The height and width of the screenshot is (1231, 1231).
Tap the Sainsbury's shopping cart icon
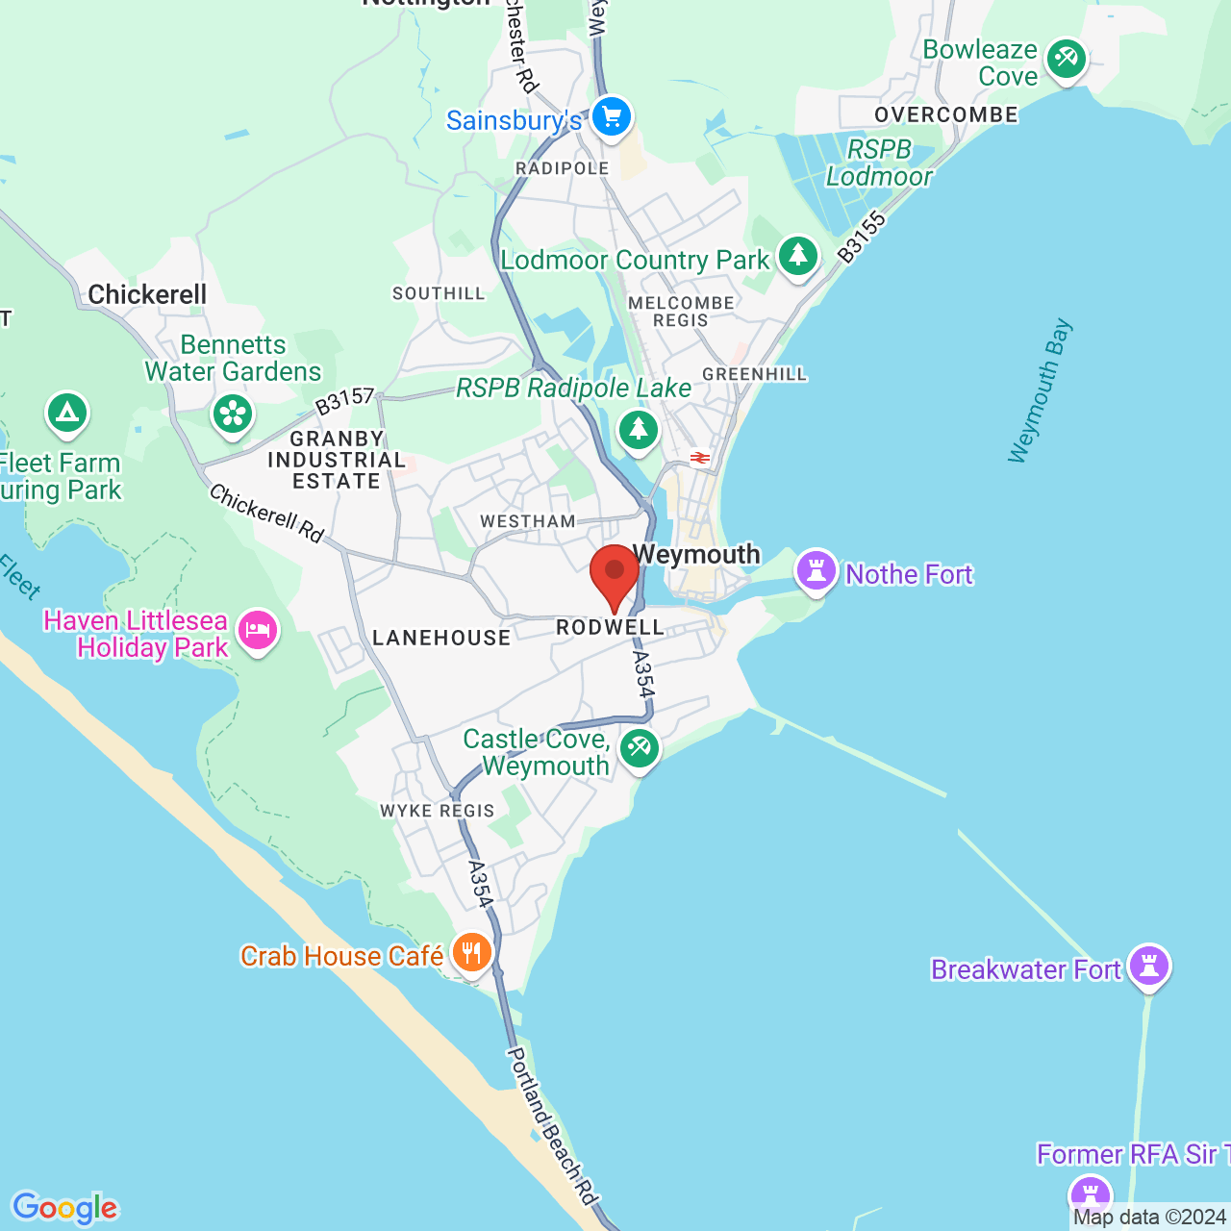tap(611, 118)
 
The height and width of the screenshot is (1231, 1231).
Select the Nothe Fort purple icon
tap(816, 571)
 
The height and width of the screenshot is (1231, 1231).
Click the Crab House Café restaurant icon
tap(471, 953)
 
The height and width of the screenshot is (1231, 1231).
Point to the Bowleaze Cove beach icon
tap(1066, 60)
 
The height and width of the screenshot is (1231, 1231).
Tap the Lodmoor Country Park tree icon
tap(797, 257)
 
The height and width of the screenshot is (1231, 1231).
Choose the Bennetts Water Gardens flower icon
tap(232, 415)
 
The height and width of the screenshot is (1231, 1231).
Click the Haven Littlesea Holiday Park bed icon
tap(257, 631)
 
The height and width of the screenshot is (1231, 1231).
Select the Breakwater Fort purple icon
tap(1149, 966)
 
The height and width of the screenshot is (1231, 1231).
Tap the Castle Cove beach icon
tap(639, 747)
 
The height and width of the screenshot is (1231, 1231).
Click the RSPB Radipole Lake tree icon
tap(638, 429)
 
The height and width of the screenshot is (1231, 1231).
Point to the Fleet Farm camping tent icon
tap(66, 414)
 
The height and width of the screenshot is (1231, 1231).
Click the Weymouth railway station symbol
tap(700, 458)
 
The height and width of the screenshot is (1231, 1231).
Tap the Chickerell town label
tap(147, 294)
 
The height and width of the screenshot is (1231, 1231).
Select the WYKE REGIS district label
tap(438, 811)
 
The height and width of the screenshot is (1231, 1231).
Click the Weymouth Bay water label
tap(1040, 390)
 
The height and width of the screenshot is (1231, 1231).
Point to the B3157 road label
tap(344, 401)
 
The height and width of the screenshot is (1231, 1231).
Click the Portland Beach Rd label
tap(553, 1125)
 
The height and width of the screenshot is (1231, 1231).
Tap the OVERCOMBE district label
tap(946, 115)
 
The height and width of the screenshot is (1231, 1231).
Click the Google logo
tap(65, 1208)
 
